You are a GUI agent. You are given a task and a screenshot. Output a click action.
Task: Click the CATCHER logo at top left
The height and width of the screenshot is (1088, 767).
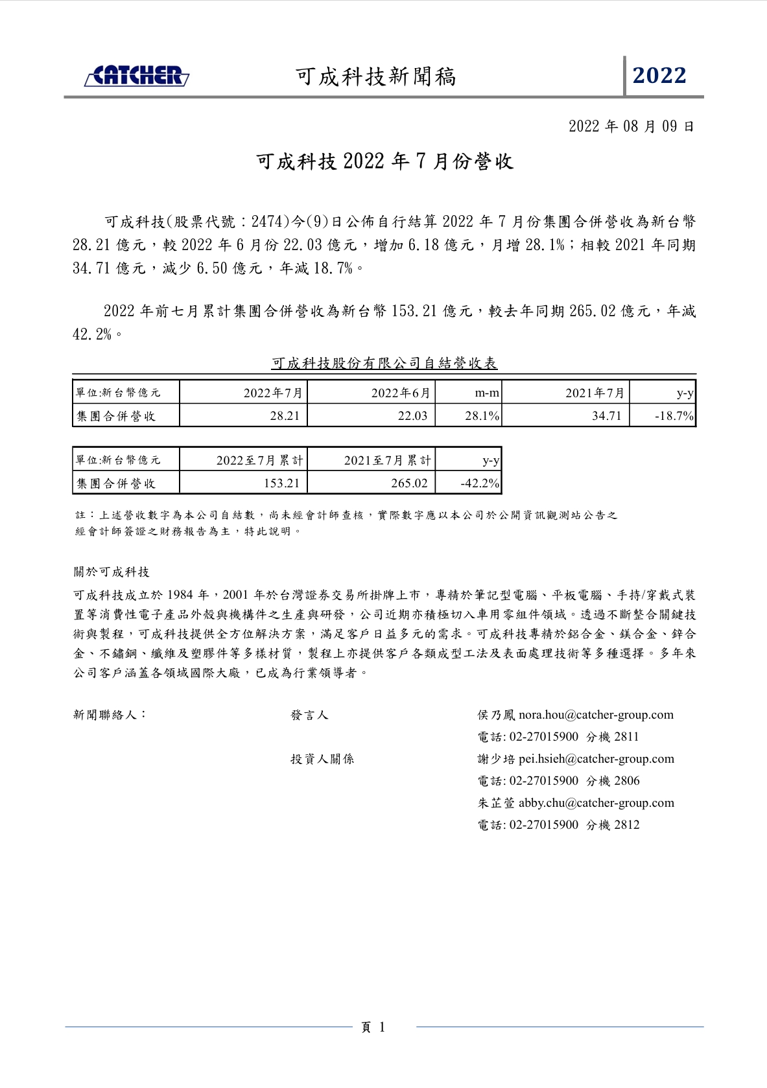(137, 76)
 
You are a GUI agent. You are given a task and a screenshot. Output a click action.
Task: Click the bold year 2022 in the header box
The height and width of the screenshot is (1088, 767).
(659, 76)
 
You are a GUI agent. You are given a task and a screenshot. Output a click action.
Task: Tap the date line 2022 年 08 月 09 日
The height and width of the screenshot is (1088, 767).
(631, 126)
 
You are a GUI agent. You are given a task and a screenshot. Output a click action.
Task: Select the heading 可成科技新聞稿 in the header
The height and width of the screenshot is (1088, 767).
(376, 76)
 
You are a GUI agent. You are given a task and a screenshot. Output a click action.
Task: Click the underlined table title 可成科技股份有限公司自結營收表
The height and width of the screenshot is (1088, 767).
(384, 364)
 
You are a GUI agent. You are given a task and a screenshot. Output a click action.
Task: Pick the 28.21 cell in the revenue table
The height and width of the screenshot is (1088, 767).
(285, 416)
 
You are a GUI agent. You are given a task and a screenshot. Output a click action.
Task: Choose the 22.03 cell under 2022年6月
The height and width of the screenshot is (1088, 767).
(412, 416)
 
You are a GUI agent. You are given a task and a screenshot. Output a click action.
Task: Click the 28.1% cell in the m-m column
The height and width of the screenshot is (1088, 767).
(482, 416)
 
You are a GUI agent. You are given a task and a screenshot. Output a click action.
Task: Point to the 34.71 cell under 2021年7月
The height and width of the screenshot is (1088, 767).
(606, 416)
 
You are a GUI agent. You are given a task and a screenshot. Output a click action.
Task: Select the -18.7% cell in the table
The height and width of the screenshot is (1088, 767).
(674, 416)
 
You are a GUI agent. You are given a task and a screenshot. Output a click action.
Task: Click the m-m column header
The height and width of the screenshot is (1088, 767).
(487, 393)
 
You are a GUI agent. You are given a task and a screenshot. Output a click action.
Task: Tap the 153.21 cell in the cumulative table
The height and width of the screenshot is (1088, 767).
(281, 483)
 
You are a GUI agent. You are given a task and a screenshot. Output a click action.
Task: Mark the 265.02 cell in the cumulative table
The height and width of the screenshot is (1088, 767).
(409, 483)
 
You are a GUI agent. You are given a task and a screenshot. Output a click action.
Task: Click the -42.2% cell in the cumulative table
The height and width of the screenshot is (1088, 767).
(480, 483)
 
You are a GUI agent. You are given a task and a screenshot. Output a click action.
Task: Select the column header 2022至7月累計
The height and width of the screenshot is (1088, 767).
(259, 461)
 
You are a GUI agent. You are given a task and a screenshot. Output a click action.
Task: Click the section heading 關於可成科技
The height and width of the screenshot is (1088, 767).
(112, 572)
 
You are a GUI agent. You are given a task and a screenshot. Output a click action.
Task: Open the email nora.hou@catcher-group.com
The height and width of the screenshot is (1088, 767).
(596, 715)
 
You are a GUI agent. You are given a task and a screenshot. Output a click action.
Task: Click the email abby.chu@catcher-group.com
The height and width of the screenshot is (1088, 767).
(596, 803)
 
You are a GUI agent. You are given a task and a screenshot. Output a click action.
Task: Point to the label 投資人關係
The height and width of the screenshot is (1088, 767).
(322, 759)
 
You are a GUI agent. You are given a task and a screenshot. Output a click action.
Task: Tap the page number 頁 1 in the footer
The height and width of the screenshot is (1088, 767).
(373, 1027)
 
